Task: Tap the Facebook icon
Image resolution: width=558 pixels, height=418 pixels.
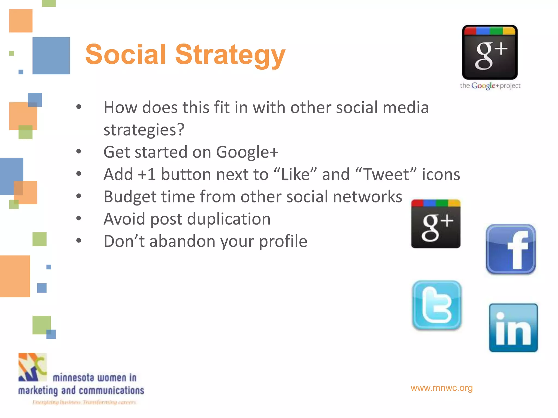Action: (511, 249)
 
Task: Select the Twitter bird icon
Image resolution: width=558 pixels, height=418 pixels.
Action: (437, 305)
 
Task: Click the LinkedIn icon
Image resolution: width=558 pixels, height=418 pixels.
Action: (513, 328)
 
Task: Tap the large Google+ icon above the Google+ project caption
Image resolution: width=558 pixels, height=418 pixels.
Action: (490, 52)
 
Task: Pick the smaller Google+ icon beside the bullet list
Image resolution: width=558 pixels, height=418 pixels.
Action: (436, 224)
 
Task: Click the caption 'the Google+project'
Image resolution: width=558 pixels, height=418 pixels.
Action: (490, 86)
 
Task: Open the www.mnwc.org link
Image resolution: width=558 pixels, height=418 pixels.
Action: (441, 388)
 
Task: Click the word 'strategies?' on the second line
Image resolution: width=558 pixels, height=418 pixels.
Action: (144, 130)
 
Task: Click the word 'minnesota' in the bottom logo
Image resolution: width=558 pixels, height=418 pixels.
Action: (73, 378)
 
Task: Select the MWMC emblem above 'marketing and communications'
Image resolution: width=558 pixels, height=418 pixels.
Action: (32, 367)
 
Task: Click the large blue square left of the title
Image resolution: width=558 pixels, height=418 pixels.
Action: (51, 56)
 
